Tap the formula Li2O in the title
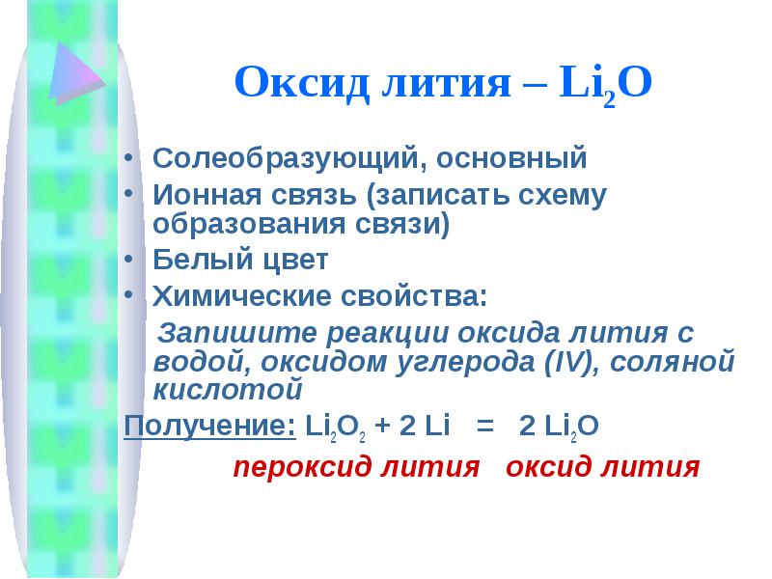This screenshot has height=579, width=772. [606, 84]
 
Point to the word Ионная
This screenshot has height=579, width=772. [207, 195]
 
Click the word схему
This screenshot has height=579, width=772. [563, 197]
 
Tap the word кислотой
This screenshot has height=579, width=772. [228, 390]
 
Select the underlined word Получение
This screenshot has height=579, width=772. [210, 426]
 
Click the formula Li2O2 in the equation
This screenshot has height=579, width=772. [335, 427]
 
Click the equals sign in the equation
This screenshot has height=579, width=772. [485, 427]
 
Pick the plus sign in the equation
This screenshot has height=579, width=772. [382, 427]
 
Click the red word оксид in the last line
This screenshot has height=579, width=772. [549, 466]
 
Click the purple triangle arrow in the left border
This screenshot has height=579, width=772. [74, 72]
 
